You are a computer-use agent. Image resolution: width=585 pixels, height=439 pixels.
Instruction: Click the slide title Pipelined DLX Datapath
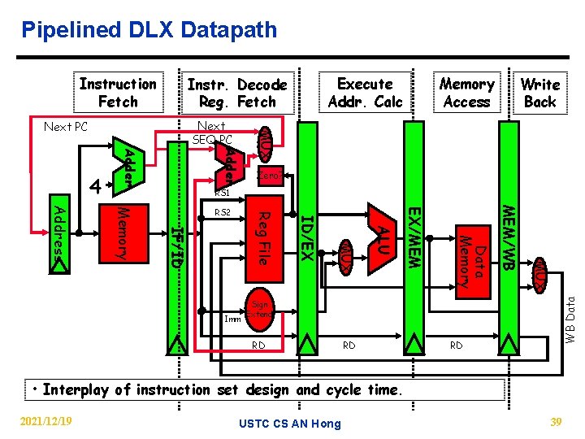149,31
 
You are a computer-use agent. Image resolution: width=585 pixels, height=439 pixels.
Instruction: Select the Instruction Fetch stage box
118,93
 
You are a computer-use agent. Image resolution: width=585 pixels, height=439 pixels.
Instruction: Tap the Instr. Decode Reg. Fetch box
237,93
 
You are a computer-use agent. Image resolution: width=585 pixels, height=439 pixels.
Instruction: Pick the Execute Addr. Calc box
365,93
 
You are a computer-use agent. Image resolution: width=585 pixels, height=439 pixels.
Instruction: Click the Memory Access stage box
466,93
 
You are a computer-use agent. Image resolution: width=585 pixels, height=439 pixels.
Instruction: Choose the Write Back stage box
539,93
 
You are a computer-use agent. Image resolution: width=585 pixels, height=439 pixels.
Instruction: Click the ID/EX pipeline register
306,236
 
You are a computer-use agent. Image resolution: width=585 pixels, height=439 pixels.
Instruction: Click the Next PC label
66,127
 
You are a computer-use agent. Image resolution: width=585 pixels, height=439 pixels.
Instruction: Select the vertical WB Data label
570,318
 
